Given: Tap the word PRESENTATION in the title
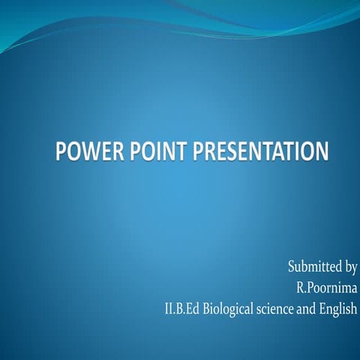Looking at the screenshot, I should [260, 151].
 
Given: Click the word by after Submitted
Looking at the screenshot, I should [349, 267].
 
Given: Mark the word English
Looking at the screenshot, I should [338, 308].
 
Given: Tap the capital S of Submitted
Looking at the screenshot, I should [292, 265].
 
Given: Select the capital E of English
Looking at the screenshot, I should [322, 307].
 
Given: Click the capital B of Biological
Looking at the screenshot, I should [205, 307].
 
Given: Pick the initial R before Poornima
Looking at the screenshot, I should [301, 286].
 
